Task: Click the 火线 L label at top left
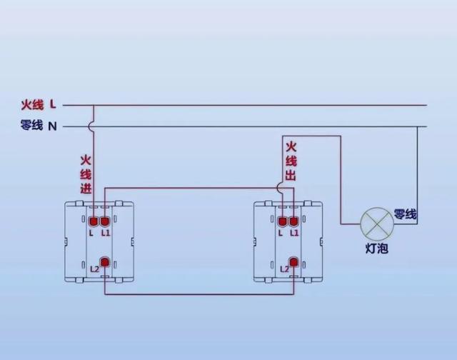pyautogui.click(x=39, y=105)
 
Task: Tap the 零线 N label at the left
pyautogui.click(x=39, y=126)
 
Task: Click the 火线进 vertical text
pyautogui.click(x=86, y=174)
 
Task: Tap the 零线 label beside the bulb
pyautogui.click(x=405, y=214)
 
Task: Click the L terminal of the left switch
pyautogui.click(x=94, y=221)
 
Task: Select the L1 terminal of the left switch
pyautogui.click(x=105, y=221)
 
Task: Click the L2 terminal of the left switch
pyautogui.click(x=104, y=264)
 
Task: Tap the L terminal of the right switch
pyautogui.click(x=283, y=221)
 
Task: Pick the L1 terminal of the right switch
pyautogui.click(x=294, y=221)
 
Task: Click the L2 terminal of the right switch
pyautogui.click(x=293, y=264)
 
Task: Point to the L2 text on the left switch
pyautogui.click(x=94, y=269)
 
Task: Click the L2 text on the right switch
pyautogui.click(x=283, y=269)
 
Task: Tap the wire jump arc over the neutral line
pyautogui.click(x=94, y=127)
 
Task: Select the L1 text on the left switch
pyautogui.click(x=105, y=233)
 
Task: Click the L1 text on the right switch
pyautogui.click(x=294, y=233)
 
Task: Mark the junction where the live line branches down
pyautogui.click(x=94, y=106)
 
